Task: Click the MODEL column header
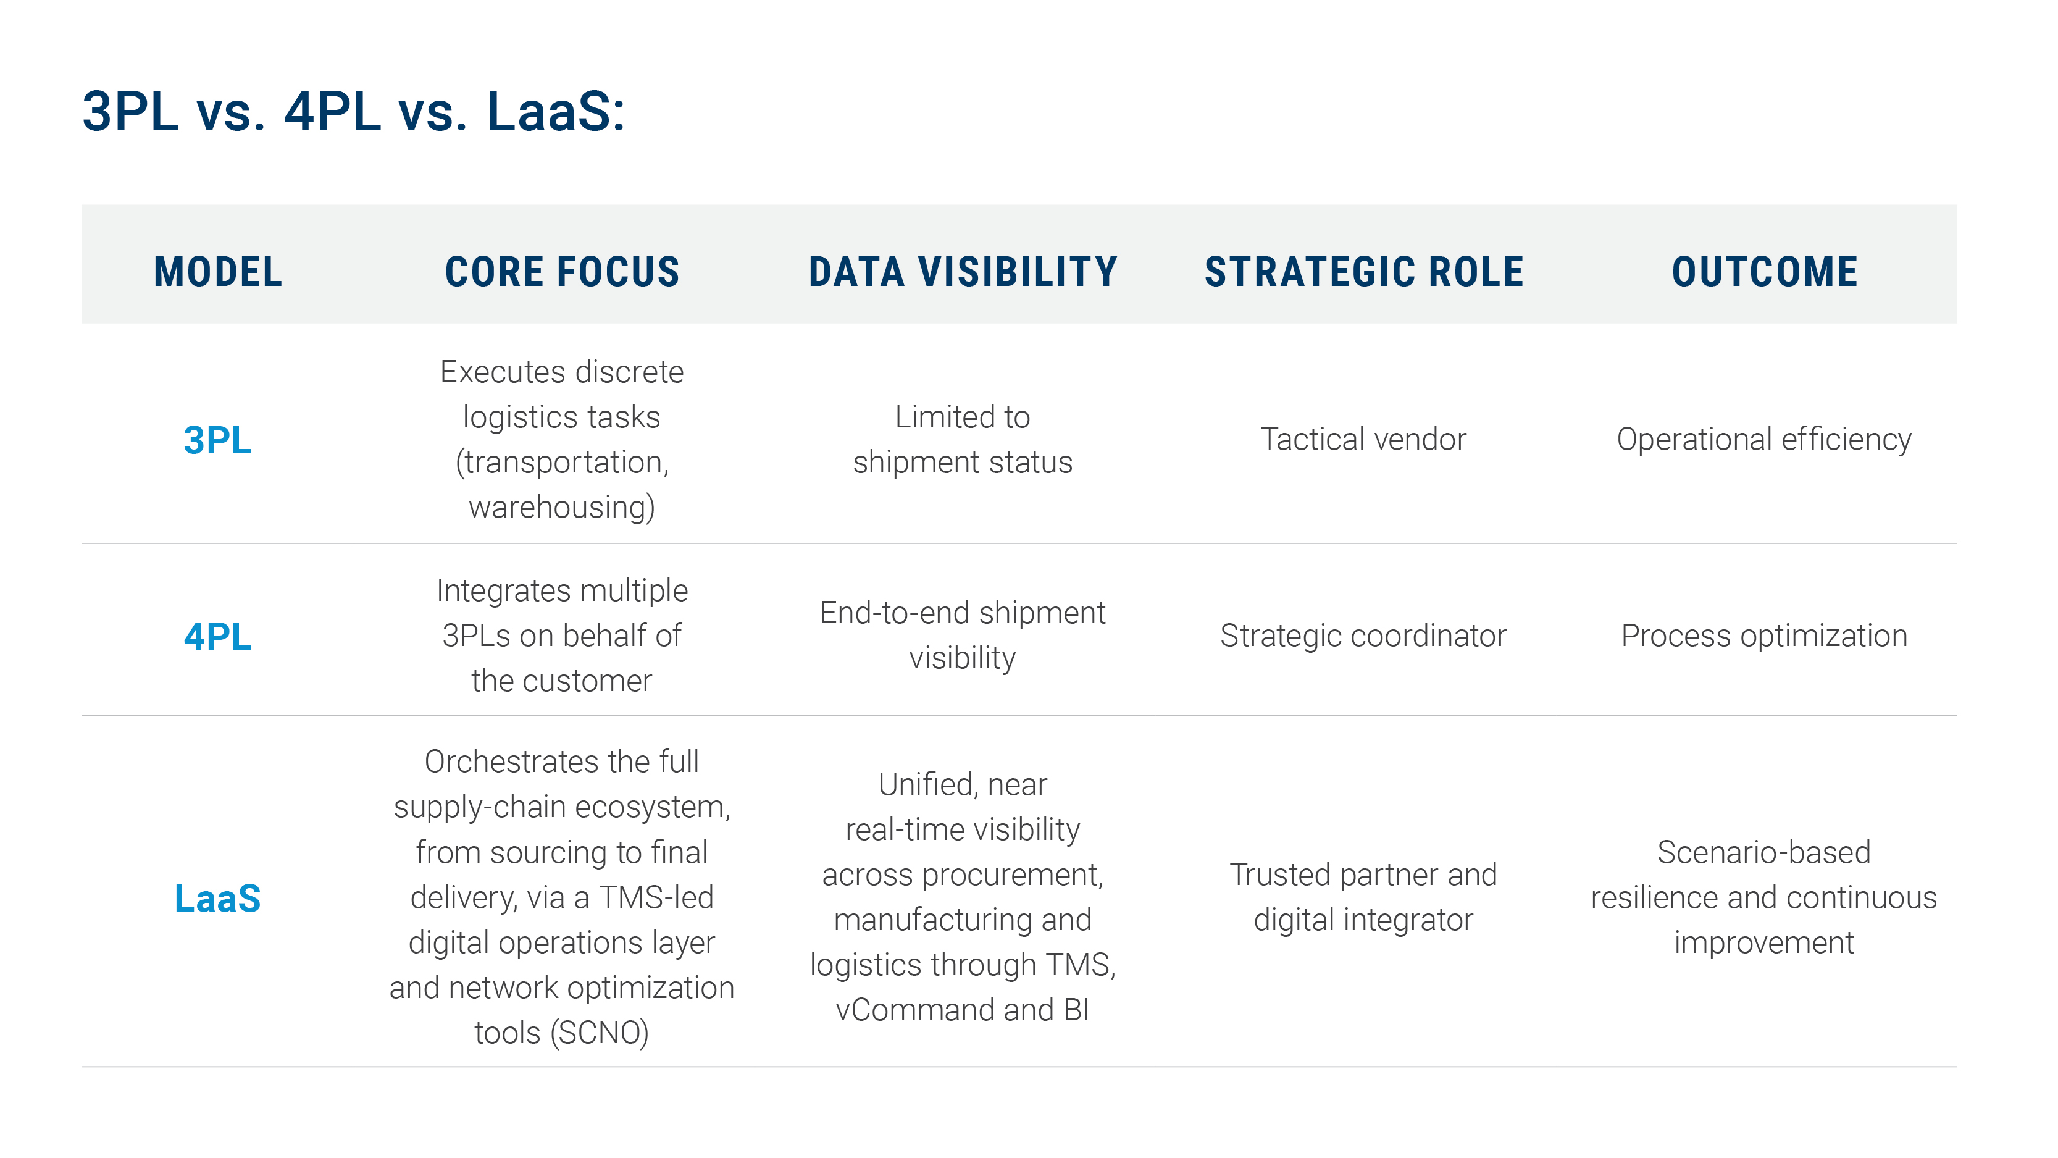[x=217, y=272]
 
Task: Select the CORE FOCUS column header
[x=562, y=272]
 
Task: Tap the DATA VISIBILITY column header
[x=962, y=272]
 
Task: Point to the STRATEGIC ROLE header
[x=1364, y=272]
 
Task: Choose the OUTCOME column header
[x=1764, y=272]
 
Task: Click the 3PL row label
[x=217, y=440]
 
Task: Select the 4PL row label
[x=217, y=637]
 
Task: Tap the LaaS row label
[x=217, y=898]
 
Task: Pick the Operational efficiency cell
[x=1764, y=440]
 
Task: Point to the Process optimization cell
[x=1764, y=636]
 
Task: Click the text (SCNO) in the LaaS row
[x=599, y=1033]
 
